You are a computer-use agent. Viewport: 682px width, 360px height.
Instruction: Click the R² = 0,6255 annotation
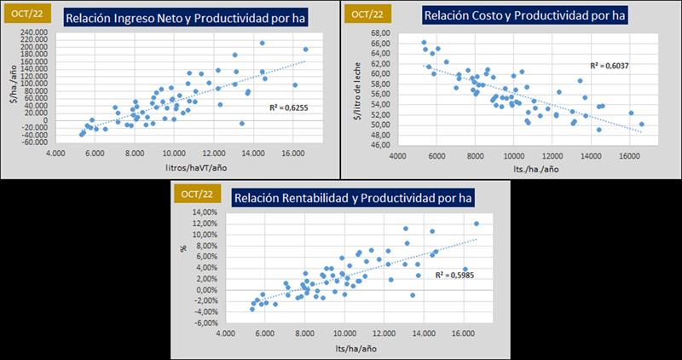(x=286, y=107)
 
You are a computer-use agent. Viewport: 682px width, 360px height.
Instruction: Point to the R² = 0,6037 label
(x=609, y=66)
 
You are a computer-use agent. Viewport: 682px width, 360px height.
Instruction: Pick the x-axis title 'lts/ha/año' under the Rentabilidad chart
(x=350, y=348)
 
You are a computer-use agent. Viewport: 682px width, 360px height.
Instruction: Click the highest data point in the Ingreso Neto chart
(x=263, y=43)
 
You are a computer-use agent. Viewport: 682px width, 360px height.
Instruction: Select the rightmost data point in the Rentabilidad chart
(x=477, y=224)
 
